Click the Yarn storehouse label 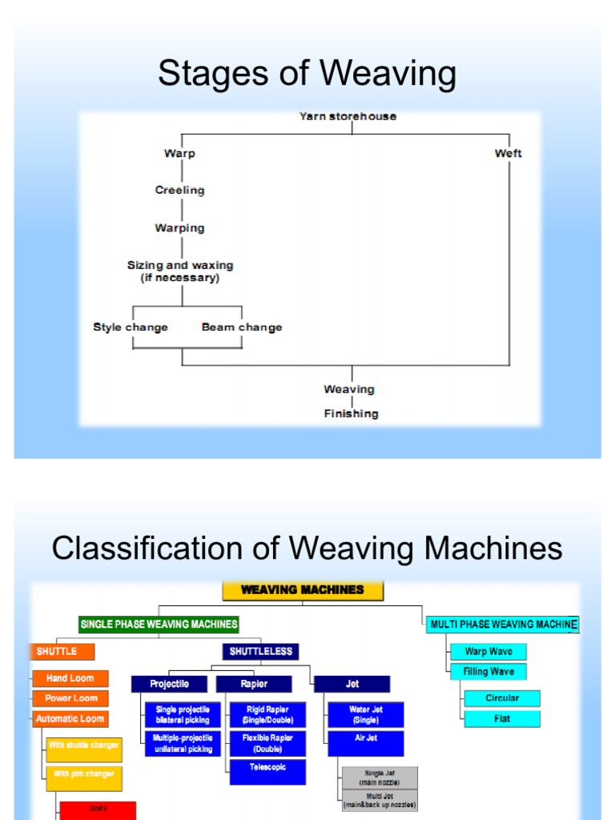pyautogui.click(x=348, y=116)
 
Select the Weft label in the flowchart pyautogui.click(x=508, y=153)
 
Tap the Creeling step pyautogui.click(x=179, y=190)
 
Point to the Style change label pyautogui.click(x=131, y=327)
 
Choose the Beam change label pyautogui.click(x=242, y=327)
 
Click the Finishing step pyautogui.click(x=351, y=413)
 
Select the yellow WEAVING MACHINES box pyautogui.click(x=303, y=590)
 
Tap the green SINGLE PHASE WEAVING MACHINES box pyautogui.click(x=159, y=624)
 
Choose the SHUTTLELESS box pyautogui.click(x=261, y=652)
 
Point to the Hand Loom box pyautogui.click(x=70, y=678)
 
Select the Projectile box pyautogui.click(x=170, y=684)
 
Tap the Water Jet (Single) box pyautogui.click(x=365, y=714)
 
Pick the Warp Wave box pyautogui.click(x=488, y=652)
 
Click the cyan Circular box pyautogui.click(x=502, y=698)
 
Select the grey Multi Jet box pyautogui.click(x=380, y=800)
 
